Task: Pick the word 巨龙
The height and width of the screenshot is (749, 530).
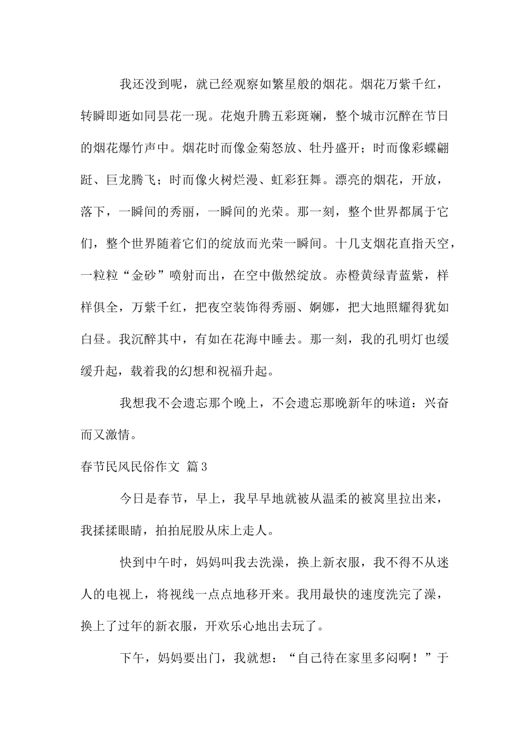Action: click(x=119, y=180)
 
